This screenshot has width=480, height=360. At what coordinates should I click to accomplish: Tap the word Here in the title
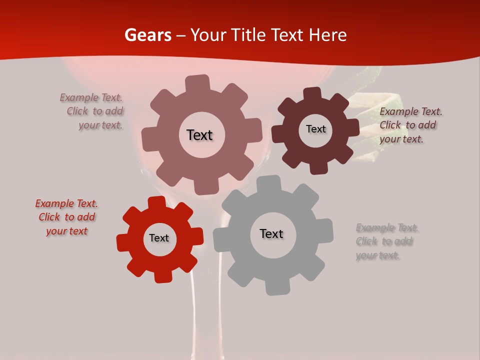327,35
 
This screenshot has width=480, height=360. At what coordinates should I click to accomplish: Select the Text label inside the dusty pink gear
199,135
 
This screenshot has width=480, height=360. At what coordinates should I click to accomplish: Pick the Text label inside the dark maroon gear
315,129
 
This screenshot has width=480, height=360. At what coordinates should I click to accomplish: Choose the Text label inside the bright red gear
159,238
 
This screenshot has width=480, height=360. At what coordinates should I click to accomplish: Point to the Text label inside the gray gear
271,233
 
